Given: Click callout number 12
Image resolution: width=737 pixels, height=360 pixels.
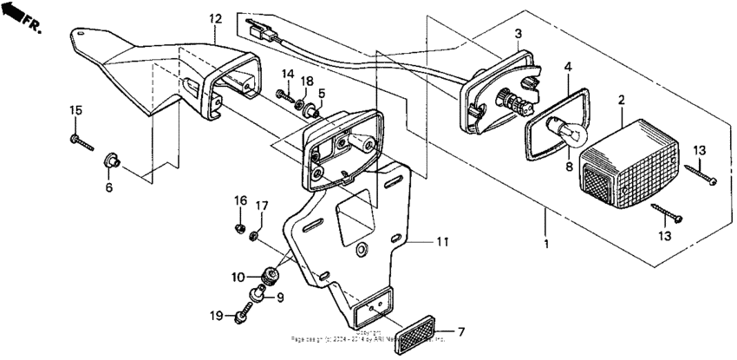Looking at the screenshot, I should point(215,18).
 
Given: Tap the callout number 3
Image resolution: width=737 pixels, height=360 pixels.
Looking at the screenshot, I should point(518,34).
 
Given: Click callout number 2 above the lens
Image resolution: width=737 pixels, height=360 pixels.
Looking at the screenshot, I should point(621,101).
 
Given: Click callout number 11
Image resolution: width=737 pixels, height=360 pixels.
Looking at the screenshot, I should point(442,242).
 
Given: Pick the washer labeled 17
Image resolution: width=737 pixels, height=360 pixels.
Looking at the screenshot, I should point(255,235).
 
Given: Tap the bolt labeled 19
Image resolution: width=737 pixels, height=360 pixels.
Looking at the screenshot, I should point(241,316).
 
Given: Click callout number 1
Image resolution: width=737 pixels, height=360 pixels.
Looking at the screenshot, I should point(545,243).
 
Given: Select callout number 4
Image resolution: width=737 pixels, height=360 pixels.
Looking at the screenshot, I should point(568,66).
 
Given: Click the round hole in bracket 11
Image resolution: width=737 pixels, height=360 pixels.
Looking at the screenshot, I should point(362,251).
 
